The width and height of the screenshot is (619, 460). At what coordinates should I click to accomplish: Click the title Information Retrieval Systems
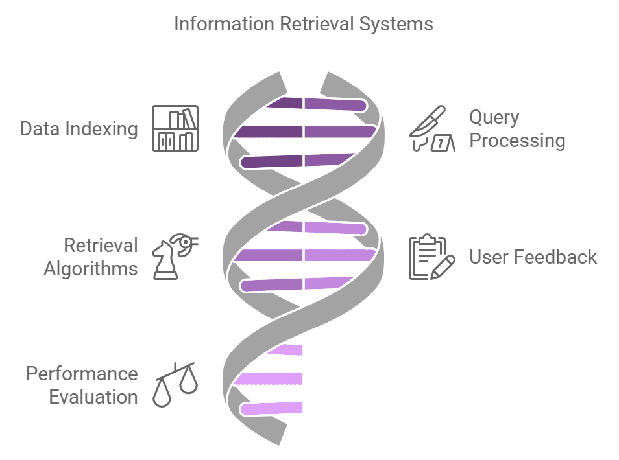[304, 25]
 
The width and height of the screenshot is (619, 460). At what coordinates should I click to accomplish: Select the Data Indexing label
[79, 128]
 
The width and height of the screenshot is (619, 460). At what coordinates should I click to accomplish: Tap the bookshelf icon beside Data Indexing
[175, 128]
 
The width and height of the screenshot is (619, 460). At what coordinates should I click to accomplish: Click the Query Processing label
[517, 128]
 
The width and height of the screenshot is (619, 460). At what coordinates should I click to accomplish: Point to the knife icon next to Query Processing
[428, 128]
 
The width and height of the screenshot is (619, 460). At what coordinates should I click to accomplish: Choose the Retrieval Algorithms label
[91, 257]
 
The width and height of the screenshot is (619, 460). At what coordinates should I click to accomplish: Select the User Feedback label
[533, 257]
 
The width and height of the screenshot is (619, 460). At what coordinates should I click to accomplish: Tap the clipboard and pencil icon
[428, 257]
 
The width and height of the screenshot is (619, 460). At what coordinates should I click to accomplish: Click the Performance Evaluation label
[82, 385]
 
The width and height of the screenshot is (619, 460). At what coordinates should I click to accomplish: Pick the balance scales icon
[175, 385]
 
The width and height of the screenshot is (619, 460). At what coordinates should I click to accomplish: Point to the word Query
[494, 117]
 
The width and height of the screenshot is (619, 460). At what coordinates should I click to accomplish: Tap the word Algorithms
[91, 268]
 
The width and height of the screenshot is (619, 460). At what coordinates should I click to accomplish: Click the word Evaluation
[93, 397]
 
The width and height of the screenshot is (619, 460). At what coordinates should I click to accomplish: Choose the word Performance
[82, 374]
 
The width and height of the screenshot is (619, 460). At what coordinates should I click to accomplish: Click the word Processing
[517, 140]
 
